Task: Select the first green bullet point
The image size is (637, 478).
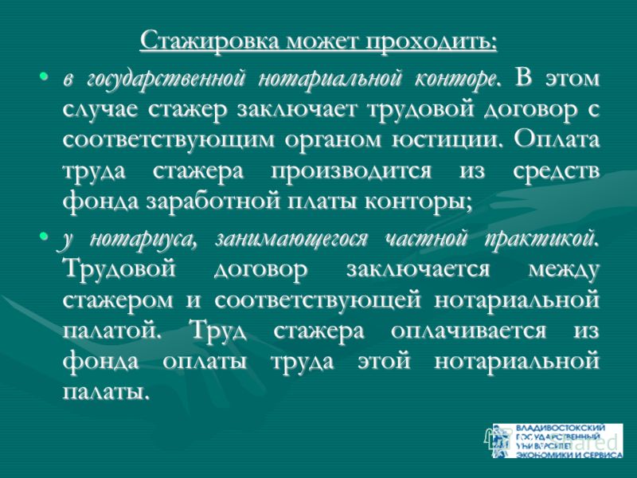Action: [44, 76]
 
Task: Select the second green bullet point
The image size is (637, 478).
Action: [44, 236]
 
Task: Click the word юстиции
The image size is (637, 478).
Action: [444, 141]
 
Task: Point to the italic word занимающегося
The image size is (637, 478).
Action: [291, 239]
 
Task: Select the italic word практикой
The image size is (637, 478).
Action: [541, 239]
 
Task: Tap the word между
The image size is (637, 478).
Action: [564, 270]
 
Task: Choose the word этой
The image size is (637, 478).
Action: [385, 361]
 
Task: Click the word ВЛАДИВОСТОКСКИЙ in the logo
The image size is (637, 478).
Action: [561, 428]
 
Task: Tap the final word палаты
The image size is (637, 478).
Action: [104, 392]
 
